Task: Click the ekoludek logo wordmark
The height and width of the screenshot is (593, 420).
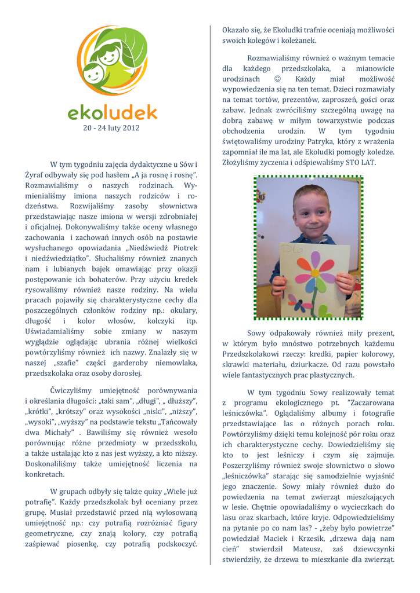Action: (x=112, y=111)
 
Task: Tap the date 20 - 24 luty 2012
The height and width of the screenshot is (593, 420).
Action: (x=112, y=127)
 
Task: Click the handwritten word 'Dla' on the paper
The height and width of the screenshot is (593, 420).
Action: (x=292, y=248)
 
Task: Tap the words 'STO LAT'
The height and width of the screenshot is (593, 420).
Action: (x=361, y=162)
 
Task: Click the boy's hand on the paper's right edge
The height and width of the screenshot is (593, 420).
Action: (x=345, y=284)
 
